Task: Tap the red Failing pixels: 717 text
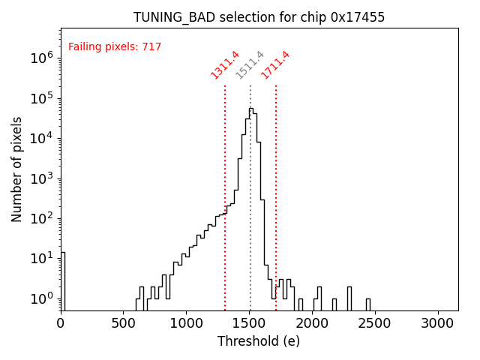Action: coord(115,47)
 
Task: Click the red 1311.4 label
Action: coord(225,64)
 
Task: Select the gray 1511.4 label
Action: coord(250,64)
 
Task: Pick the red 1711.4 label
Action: coord(275,64)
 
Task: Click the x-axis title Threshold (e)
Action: coord(259,341)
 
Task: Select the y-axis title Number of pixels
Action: coord(17,169)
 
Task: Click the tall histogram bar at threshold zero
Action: coord(63,281)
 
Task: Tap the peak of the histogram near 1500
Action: coord(250,109)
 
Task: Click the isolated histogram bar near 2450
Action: coord(367,304)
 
